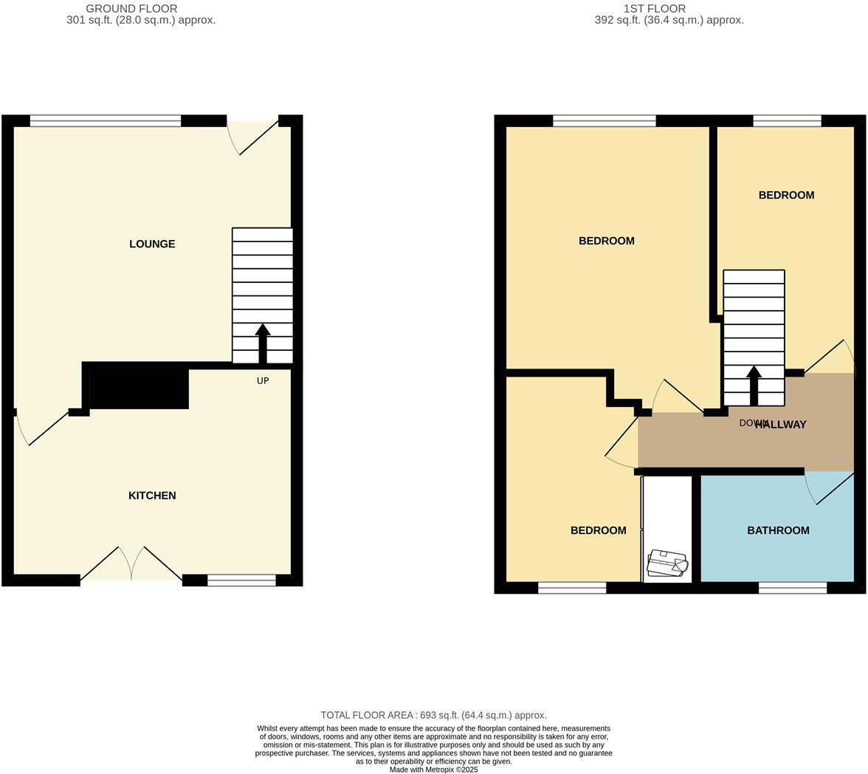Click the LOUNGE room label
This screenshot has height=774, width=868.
tap(152, 244)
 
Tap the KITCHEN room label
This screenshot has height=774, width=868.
tap(152, 496)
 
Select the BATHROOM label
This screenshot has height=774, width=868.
tap(778, 530)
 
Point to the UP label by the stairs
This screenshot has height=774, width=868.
tap(263, 381)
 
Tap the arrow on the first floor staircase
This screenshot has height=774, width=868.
tap(754, 384)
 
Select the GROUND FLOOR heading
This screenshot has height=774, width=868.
tap(131, 9)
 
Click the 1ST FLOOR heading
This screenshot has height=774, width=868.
tap(654, 9)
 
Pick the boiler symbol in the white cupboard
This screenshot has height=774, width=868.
tap(667, 564)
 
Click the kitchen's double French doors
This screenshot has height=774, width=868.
tap(131, 564)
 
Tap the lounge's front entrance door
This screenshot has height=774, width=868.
tap(255, 137)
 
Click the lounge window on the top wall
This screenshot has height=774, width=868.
tap(106, 121)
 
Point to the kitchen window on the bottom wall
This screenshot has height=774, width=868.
tap(241, 580)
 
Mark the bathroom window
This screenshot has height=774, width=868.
tap(793, 588)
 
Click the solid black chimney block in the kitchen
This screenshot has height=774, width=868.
tap(139, 387)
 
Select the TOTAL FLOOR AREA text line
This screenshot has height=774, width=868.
tap(433, 715)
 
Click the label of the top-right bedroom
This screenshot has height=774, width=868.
tap(786, 195)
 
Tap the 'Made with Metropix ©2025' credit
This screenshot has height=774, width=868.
tap(433, 770)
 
